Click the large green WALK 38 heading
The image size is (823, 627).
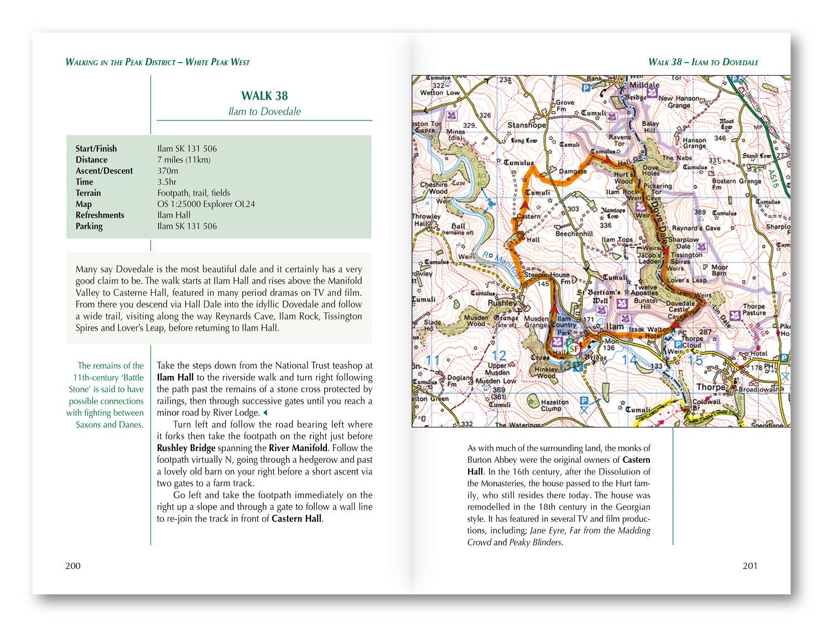pos(264,96)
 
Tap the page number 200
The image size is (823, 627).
pos(73,565)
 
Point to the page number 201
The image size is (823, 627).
pos(750,565)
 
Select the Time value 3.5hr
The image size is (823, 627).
pos(166,182)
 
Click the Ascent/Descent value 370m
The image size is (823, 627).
pos(168,171)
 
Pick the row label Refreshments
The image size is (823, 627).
pos(100,215)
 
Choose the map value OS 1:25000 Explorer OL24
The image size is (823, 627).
pos(206,204)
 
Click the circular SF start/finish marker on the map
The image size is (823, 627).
pos(574,349)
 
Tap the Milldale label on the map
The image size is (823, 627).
pos(644,85)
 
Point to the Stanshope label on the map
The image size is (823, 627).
pos(527,125)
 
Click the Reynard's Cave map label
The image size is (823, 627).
pos(696,228)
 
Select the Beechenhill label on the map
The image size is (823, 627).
pos(574,233)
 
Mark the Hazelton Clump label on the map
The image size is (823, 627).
pos(554,405)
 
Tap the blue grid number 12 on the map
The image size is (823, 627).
pos(499,356)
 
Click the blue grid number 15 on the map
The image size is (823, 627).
pos(694,360)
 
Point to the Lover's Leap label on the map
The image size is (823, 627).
pos(686,280)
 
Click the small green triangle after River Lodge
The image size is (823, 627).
pos(265,413)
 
